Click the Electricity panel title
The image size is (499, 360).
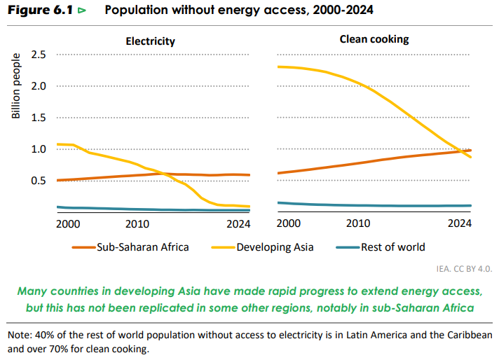click(150, 41)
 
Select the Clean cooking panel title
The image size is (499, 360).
click(374, 39)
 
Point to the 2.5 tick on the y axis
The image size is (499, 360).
click(39, 55)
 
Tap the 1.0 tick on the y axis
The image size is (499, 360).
click(39, 149)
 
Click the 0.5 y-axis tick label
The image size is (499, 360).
click(39, 181)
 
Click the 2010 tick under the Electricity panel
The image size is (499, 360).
click(136, 223)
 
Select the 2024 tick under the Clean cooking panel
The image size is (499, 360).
click(460, 223)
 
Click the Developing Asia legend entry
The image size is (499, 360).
click(274, 247)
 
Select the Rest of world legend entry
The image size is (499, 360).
click(392, 247)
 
